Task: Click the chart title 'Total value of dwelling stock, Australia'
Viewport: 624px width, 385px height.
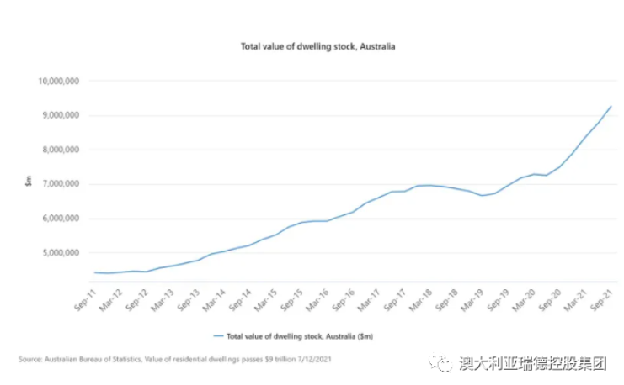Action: (x=312, y=46)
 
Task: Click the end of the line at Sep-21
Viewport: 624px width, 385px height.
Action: (x=611, y=107)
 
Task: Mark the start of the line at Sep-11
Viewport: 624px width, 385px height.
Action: (x=94, y=272)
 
